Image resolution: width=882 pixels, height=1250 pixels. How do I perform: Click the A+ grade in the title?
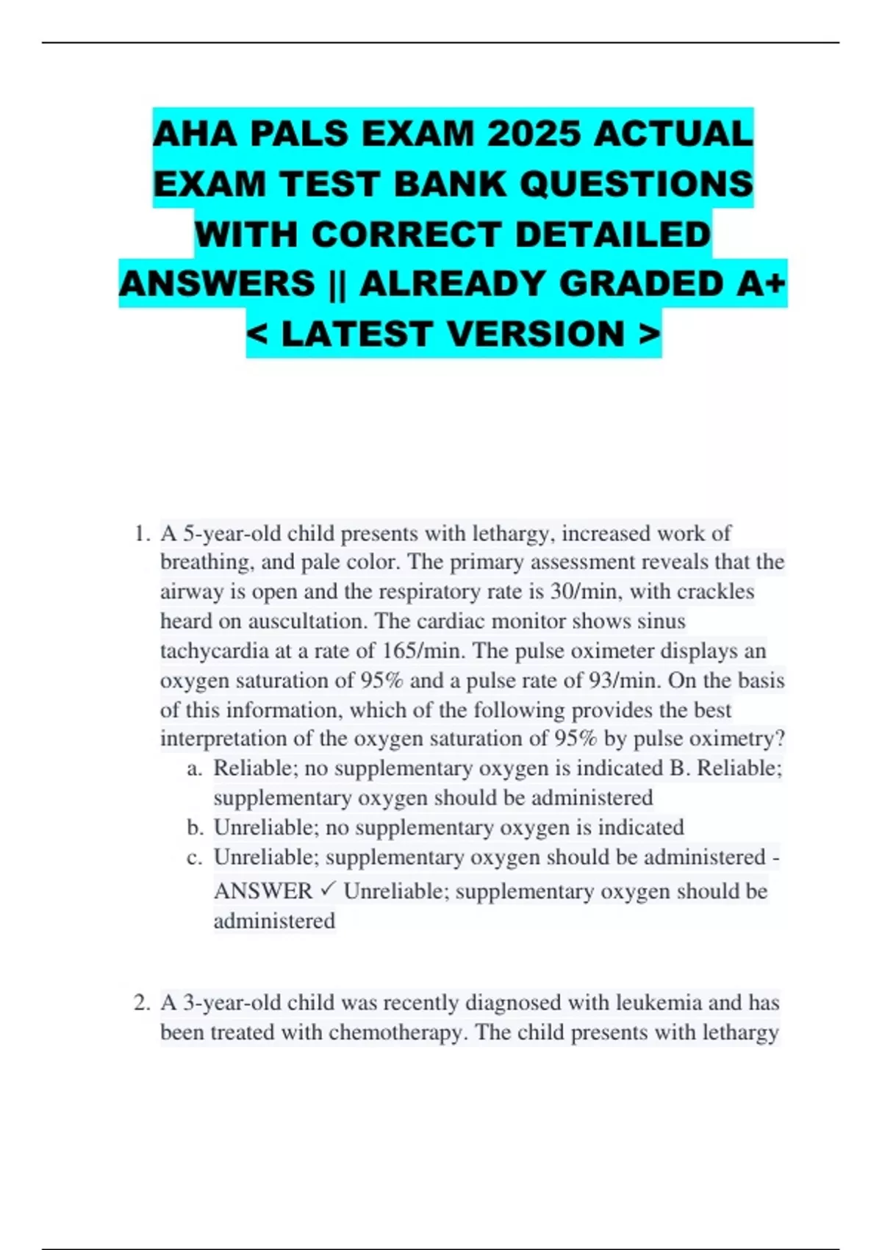click(764, 284)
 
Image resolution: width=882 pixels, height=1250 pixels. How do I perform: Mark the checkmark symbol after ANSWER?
click(328, 890)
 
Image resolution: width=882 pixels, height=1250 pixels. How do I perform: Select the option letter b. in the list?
click(195, 827)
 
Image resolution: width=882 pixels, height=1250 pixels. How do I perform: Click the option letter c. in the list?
click(195, 857)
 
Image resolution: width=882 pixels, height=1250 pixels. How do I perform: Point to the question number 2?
click(142, 1002)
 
